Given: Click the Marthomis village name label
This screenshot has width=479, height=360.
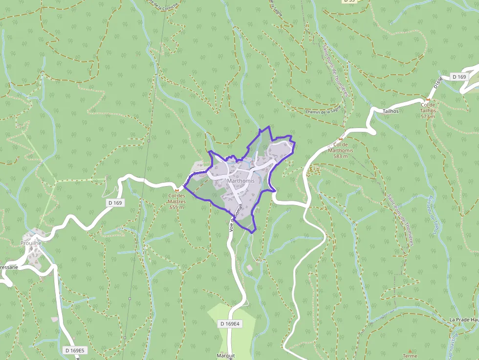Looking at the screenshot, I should (240, 181).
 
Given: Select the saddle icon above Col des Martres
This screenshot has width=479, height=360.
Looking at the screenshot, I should (176, 190).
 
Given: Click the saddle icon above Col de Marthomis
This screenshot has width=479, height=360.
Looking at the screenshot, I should (341, 139).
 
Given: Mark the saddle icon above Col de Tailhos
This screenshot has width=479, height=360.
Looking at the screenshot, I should (428, 99).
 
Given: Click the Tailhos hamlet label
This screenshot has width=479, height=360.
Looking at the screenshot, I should (391, 111).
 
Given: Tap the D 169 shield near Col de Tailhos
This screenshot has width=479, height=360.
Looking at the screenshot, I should (459, 77).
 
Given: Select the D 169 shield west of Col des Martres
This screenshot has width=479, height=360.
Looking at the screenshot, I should (115, 202).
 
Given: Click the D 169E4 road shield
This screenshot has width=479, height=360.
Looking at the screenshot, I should (230, 324).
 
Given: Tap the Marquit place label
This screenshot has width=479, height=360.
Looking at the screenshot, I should (226, 356).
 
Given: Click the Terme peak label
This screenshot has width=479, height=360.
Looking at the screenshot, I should (410, 356).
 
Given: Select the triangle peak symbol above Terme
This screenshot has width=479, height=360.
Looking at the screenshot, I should (410, 351).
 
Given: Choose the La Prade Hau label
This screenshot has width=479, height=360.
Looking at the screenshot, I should (463, 319).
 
